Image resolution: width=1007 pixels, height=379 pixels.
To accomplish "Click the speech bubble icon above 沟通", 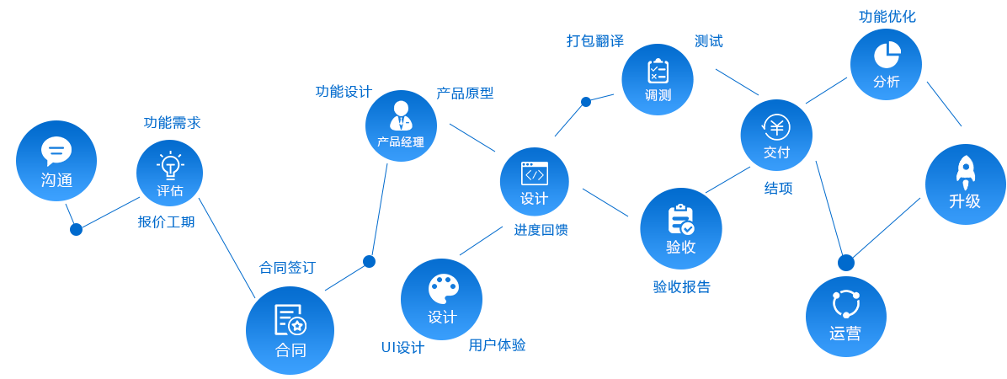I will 56,152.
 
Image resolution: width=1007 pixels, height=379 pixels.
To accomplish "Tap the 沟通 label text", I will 56,179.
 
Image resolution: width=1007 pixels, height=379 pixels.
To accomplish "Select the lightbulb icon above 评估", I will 170,164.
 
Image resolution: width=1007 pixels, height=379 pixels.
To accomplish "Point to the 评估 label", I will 170,190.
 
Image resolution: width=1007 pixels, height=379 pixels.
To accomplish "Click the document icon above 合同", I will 290,319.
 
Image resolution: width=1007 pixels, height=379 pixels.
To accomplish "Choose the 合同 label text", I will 290,350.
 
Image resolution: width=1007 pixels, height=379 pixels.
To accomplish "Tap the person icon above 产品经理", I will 400,114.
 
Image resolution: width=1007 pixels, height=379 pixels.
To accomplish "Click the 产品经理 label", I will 401,141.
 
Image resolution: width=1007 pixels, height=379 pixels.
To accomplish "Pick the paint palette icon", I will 441,289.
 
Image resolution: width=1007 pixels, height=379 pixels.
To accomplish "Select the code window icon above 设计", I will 534,173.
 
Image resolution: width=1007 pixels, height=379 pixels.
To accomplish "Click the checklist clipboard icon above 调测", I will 658,71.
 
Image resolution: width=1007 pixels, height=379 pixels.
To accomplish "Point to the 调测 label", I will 658,94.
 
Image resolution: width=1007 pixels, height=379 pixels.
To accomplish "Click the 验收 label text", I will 680,247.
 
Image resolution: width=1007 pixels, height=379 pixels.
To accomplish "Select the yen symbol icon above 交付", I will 775,127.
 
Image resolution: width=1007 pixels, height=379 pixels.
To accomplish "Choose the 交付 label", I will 776,152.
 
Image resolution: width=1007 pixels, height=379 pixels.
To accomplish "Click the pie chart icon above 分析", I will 886,56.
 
